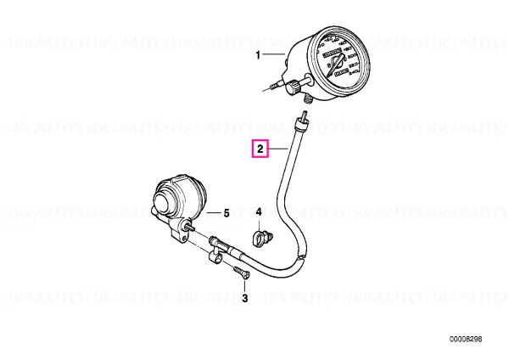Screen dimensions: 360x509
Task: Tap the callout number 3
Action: tap(245, 298)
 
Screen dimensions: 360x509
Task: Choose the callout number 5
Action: tap(227, 214)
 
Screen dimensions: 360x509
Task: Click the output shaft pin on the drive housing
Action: tap(193, 230)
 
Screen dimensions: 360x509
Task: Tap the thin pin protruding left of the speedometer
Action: tap(272, 86)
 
